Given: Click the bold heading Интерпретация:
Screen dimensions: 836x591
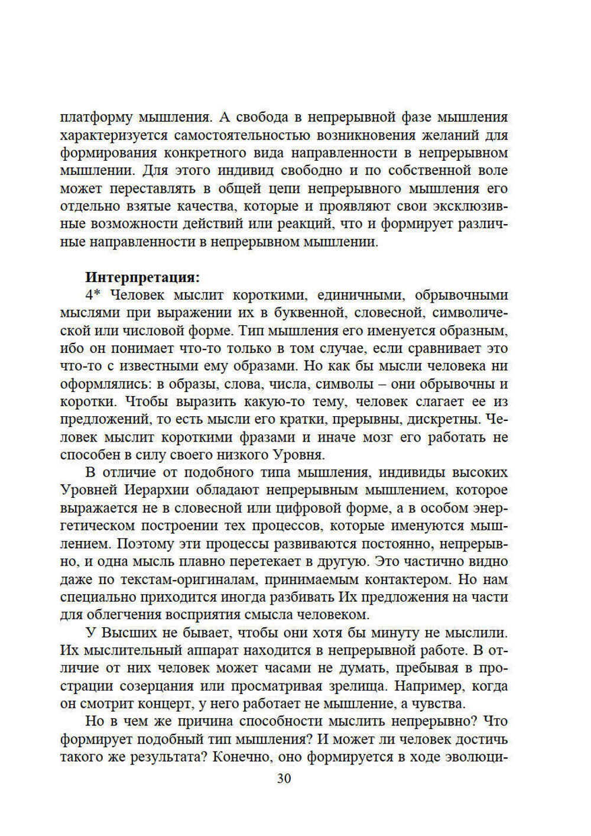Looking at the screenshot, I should click(142, 277).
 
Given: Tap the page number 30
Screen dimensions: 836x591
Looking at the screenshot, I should click(284, 778).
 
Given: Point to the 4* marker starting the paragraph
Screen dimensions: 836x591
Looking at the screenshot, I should click(93, 295).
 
